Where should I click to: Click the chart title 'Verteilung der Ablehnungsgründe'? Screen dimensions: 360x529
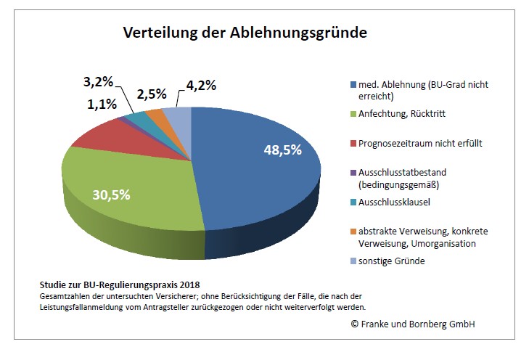click(x=245, y=33)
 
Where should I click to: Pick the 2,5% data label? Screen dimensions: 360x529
click(x=151, y=94)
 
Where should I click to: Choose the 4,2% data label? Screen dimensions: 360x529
click(x=201, y=85)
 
